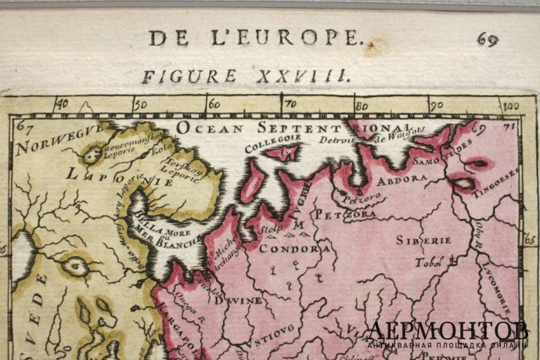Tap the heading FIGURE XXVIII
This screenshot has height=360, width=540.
tap(244, 76)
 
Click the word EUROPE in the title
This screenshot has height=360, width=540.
tap(311, 37)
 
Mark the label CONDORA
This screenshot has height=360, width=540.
tap(301, 249)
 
